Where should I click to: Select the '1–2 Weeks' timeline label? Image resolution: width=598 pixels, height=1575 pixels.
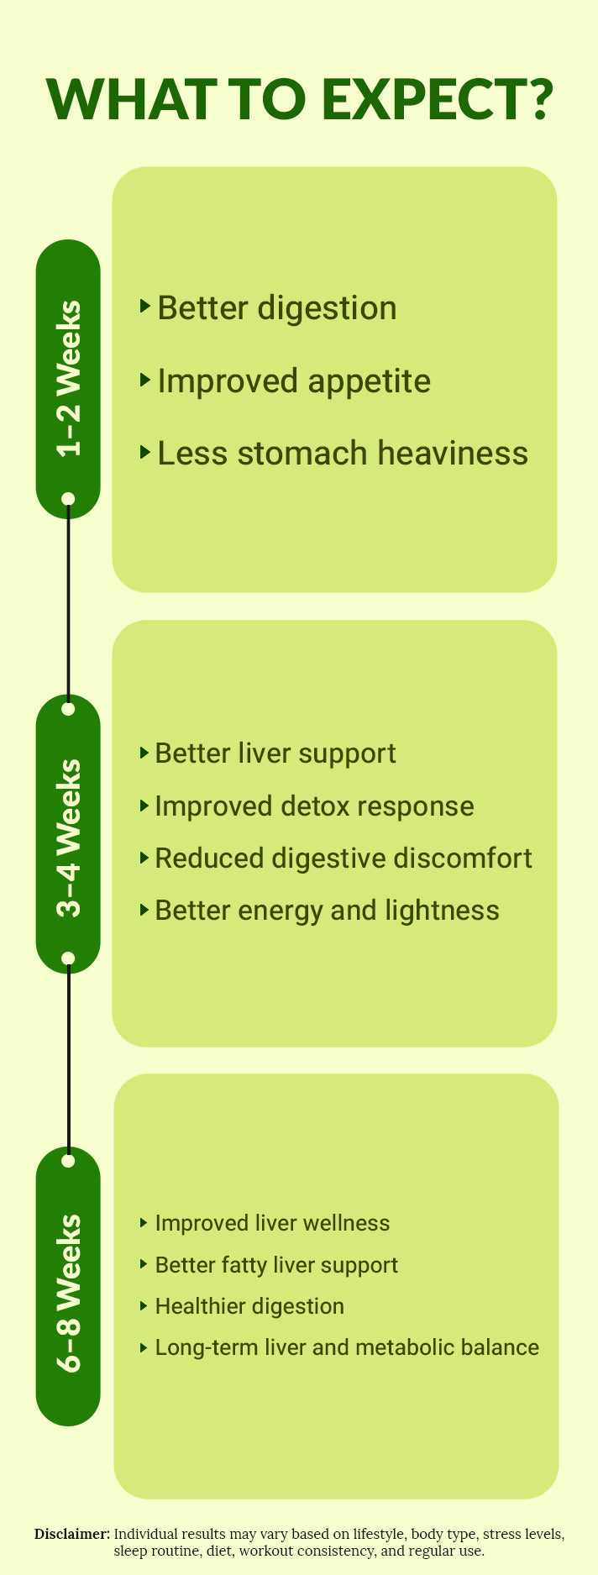(x=69, y=379)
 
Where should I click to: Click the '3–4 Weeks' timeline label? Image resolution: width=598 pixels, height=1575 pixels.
(x=69, y=838)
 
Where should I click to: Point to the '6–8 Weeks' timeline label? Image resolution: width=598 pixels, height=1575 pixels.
(x=69, y=1293)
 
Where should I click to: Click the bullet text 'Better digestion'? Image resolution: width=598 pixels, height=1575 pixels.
(x=276, y=308)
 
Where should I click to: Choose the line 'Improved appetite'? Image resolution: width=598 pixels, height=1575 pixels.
(x=294, y=381)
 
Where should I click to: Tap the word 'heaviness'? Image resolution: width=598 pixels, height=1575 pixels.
(x=453, y=453)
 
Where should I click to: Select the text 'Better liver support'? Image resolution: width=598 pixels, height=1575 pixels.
(x=275, y=753)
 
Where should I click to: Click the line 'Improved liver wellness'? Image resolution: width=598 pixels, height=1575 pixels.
(x=272, y=1223)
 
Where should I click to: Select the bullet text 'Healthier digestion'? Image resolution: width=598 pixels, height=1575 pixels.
(x=249, y=1306)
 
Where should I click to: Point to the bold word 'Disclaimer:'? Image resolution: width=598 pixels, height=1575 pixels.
(x=72, y=1534)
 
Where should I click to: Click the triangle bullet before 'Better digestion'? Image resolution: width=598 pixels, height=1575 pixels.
(x=145, y=306)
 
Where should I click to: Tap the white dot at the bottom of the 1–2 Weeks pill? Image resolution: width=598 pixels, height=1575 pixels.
(x=69, y=499)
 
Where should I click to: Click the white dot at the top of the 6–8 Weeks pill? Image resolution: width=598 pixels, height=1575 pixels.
(x=69, y=1161)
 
